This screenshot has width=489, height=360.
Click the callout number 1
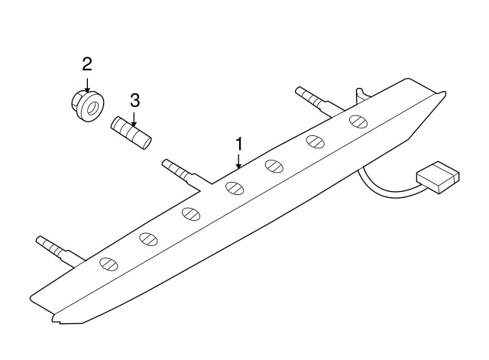[x=239, y=143]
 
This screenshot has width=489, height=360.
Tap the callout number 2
[x=87, y=63]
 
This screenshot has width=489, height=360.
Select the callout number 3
[x=134, y=100]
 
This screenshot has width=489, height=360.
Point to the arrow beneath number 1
[x=239, y=161]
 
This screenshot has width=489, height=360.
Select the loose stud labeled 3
[x=132, y=133]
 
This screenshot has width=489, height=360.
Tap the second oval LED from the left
[x=147, y=239]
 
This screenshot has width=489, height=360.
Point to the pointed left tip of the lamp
[x=34, y=295]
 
